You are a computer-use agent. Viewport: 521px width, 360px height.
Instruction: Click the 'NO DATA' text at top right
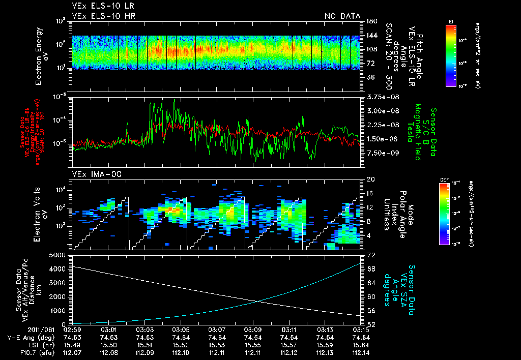[342, 16]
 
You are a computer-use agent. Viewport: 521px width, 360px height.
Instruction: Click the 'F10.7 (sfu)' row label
[20, 351]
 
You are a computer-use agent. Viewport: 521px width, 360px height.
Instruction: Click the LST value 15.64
[361, 344]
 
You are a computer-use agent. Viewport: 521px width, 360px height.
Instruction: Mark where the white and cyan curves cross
[258, 301]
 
